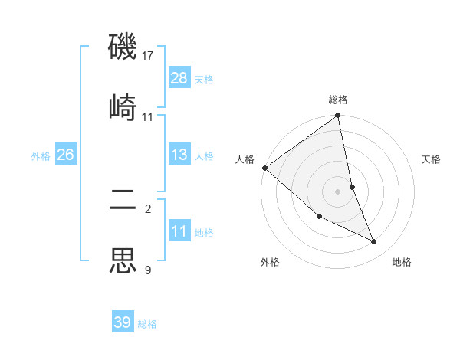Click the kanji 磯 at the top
[123, 48]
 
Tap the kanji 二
[123, 201]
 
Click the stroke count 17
[148, 56]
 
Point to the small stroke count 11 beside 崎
[148, 117]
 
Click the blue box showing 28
[179, 78]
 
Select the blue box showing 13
[179, 155]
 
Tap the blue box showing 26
[65, 155]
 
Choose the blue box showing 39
[123, 322]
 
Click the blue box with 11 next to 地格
[179, 231]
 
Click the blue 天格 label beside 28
[204, 80]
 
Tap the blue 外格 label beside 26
[41, 156]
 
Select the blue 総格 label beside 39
[147, 324]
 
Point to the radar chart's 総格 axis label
[338, 100]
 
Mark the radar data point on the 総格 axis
[338, 116]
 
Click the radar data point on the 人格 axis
[265, 168]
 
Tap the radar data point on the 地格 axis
[374, 242]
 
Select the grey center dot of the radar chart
[338, 191]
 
